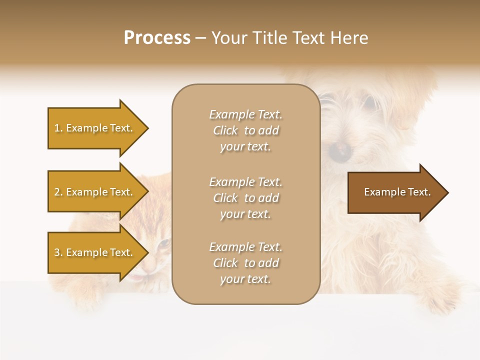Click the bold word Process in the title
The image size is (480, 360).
pos(157,38)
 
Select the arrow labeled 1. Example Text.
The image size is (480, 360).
pos(93,128)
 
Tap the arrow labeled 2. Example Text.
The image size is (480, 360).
pos(93,192)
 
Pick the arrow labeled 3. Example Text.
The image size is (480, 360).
pos(93,252)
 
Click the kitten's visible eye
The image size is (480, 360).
pos(163,243)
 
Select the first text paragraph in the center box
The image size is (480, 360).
pos(245,130)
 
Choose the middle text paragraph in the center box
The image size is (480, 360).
pos(245,198)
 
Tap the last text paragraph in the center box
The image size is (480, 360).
pos(245,263)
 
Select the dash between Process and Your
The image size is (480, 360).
pos(200,38)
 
